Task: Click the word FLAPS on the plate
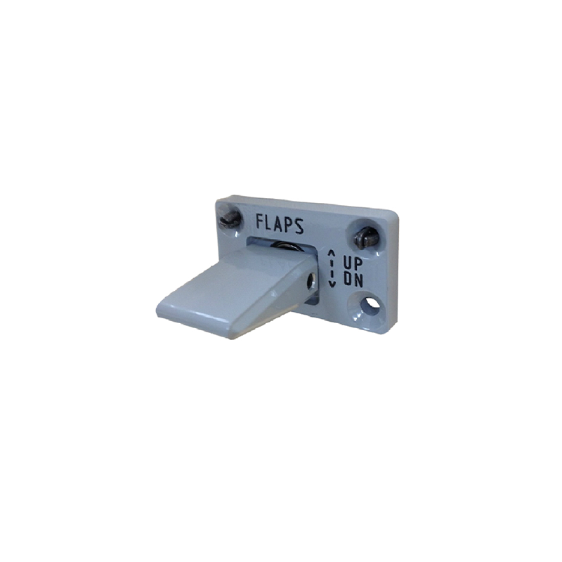(280, 224)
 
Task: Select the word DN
(353, 279)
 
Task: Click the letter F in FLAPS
(260, 221)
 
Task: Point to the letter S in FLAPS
(299, 226)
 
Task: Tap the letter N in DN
(358, 280)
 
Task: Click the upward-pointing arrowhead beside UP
(332, 253)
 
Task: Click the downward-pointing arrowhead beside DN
(332, 284)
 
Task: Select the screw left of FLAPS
(230, 218)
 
